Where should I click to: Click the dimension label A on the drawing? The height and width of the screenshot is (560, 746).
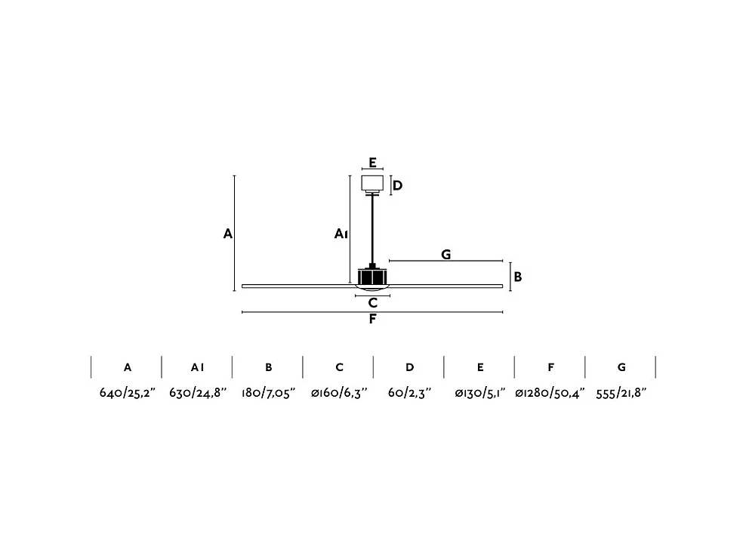[x=227, y=234]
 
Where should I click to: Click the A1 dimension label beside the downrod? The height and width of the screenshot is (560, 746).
[x=341, y=234]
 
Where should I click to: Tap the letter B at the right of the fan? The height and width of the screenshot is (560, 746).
[x=518, y=277]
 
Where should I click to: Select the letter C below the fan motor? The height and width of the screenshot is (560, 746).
[x=372, y=303]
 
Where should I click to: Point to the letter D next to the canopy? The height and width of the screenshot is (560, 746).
[x=397, y=185]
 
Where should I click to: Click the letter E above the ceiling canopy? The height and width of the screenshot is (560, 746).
[x=372, y=162]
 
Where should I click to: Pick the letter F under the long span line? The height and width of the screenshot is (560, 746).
[x=372, y=319]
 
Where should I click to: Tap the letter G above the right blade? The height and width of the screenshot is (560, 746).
[x=446, y=255]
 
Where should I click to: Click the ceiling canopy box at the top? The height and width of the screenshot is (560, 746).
[x=372, y=182]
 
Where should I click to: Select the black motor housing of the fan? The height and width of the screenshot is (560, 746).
[x=372, y=277]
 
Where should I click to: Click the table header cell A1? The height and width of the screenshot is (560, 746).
[x=197, y=367]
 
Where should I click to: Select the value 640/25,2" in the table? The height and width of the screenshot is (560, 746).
[x=127, y=394]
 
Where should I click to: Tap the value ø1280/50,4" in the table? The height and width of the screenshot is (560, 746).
[x=550, y=394]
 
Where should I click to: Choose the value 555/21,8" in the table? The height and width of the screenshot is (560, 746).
[x=621, y=394]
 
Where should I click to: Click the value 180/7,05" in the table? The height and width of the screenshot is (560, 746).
[x=268, y=394]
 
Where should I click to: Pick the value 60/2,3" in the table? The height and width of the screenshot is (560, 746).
[x=409, y=394]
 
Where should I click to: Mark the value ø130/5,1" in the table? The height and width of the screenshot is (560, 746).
[x=480, y=394]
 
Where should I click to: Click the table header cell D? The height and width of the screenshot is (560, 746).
[x=409, y=367]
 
